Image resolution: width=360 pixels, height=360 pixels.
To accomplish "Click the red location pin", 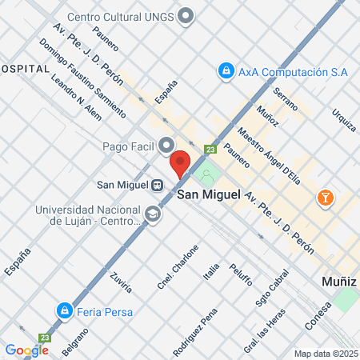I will point(180,162).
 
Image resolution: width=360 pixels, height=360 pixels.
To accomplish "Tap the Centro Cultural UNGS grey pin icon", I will point(186,15).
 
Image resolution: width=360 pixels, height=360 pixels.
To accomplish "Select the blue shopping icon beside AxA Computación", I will point(226,71).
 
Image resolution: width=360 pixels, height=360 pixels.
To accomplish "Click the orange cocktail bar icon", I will point(326,197).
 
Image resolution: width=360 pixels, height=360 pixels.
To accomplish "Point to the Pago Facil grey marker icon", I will point(166,145).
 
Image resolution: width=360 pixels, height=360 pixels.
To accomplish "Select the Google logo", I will point(26,350).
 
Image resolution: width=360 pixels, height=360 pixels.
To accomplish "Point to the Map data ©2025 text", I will point(325,354).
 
